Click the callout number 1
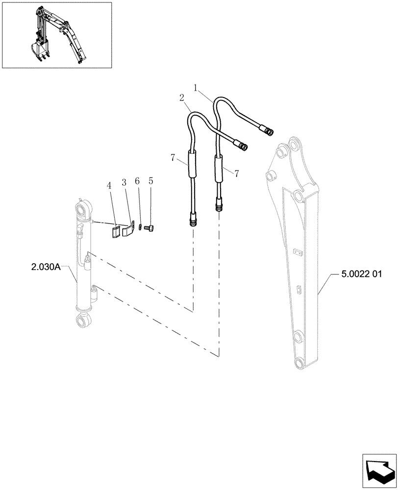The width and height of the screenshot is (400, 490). (x=195, y=88)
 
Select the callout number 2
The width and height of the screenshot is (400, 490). (x=182, y=98)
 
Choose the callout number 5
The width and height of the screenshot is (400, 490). (x=151, y=181)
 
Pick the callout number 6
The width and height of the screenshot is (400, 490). (x=137, y=181)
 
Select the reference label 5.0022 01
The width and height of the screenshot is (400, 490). (x=361, y=275)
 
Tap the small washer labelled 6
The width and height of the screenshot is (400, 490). (x=140, y=226)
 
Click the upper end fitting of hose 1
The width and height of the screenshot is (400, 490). (x=267, y=130)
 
